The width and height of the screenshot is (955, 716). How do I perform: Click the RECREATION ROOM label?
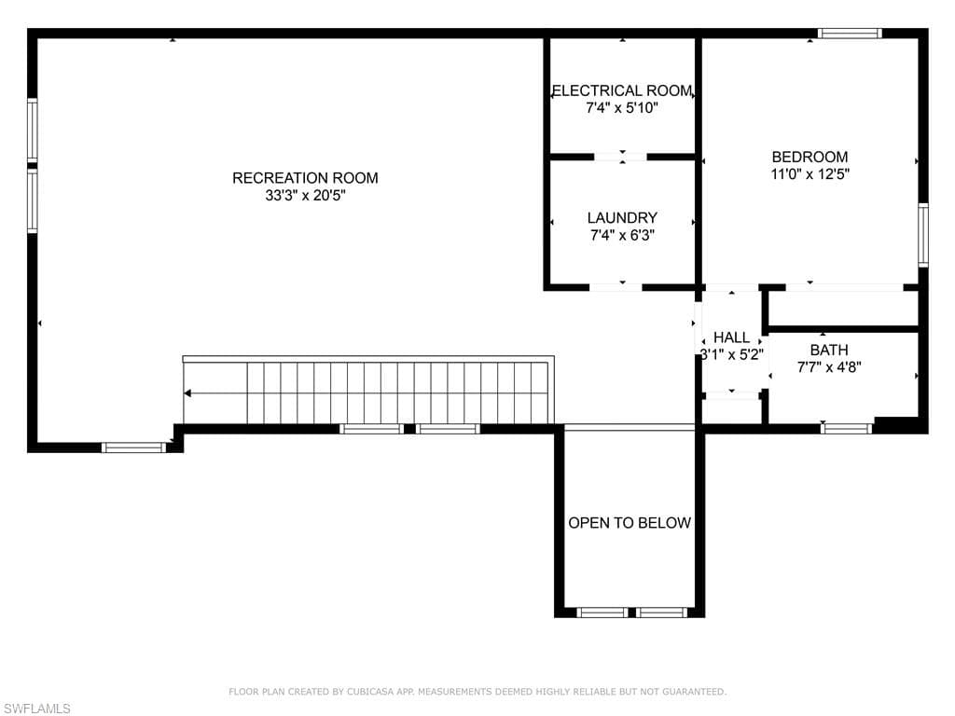pos(305,178)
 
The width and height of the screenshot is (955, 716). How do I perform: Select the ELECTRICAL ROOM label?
pos(622,90)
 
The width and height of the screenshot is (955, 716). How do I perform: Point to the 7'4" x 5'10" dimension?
pos(622,108)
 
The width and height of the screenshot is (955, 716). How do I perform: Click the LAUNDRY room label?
pos(622,217)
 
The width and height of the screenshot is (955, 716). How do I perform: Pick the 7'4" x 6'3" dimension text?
pos(622,235)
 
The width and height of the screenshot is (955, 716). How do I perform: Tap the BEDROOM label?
pos(810,157)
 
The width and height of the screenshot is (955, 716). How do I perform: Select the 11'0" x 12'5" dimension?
pos(810,174)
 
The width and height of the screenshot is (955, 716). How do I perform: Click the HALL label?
pos(731,337)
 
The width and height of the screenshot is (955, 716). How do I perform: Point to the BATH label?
pos(829,351)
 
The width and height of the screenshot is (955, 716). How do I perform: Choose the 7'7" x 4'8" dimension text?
pos(829,367)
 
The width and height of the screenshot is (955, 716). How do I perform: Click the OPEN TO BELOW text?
pos(630,522)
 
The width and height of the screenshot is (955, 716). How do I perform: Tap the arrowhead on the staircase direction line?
pos(187,393)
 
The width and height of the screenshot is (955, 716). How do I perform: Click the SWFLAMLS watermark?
pos(36,709)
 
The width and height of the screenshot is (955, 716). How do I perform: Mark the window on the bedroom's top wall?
pos(849,33)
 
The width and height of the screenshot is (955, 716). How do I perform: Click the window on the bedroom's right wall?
pos(923,235)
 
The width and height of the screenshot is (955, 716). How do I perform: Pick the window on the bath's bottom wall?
pos(846,429)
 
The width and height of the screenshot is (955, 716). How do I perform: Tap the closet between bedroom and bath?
pos(843,309)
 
